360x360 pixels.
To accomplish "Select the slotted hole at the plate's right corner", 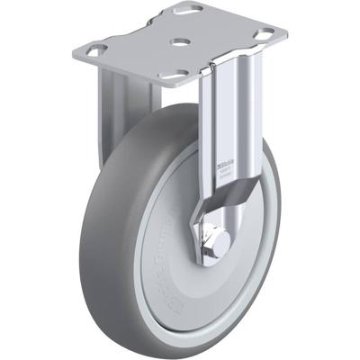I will tap(265, 37).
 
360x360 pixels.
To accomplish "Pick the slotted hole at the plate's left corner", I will tap(95, 49).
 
